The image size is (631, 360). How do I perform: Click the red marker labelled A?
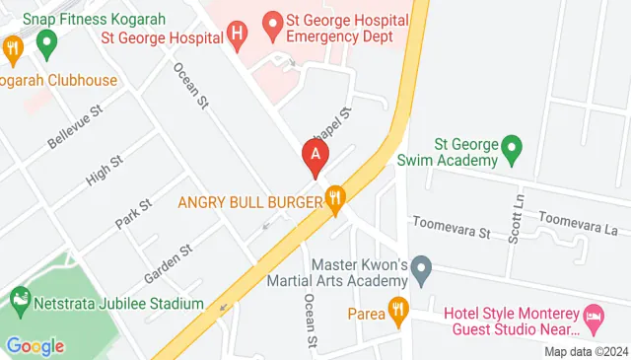(315, 156)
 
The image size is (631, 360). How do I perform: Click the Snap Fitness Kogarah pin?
(45, 41)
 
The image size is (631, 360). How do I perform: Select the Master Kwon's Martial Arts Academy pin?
(422, 267)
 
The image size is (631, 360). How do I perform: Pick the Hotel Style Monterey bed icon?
(594, 317)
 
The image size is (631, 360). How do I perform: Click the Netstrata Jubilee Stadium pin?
(20, 298)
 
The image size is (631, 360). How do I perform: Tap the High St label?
(104, 170)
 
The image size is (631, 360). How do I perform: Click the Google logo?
(35, 345)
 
